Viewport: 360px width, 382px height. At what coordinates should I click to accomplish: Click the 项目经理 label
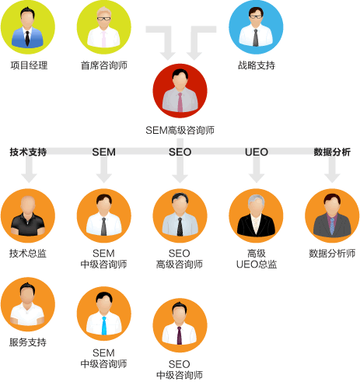[x=29, y=65]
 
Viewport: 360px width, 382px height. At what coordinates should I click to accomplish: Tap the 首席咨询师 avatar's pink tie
[x=103, y=39]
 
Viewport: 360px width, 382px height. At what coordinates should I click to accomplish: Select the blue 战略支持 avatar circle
[x=256, y=27]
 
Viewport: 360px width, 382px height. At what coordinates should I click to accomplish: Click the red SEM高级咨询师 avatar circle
[x=180, y=91]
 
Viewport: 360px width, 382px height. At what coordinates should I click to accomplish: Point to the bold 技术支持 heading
[x=28, y=152]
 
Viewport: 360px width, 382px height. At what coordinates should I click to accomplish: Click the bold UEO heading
[x=257, y=152]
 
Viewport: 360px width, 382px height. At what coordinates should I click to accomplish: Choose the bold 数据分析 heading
[x=332, y=152]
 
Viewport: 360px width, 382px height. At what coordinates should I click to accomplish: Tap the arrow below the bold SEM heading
[x=104, y=170]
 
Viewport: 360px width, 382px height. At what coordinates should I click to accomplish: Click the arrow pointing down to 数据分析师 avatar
[x=332, y=170]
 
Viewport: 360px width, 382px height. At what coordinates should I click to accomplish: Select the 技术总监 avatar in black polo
[x=28, y=216]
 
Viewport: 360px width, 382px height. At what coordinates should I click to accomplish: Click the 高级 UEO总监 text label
[x=257, y=258]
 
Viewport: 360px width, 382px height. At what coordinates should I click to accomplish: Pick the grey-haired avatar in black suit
[x=256, y=216]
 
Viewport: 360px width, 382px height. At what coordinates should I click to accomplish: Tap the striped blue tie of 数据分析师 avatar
[x=332, y=226]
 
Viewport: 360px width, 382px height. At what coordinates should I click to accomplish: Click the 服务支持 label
[x=28, y=342]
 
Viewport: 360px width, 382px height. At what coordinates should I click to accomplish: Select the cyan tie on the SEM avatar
[x=104, y=326]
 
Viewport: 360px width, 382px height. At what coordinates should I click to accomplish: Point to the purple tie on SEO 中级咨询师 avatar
[x=180, y=335]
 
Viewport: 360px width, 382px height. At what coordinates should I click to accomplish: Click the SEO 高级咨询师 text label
[x=180, y=258]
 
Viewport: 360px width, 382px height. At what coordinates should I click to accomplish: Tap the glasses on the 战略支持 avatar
[x=256, y=17]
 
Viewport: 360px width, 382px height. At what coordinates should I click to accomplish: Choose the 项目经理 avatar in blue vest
[x=28, y=27]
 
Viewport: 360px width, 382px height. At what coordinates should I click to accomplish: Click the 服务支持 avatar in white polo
[x=28, y=304]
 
